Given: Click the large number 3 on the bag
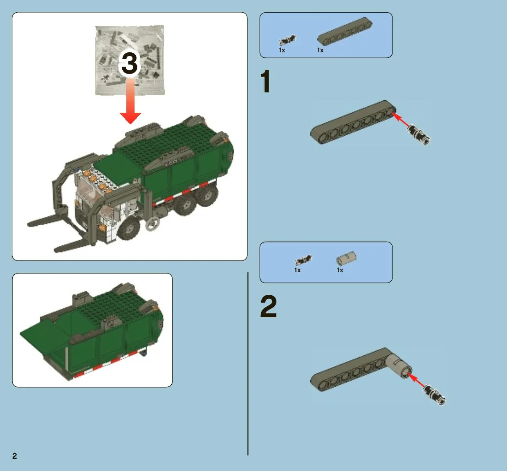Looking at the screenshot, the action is [130, 63].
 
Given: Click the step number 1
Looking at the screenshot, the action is [265, 81].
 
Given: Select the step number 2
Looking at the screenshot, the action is [268, 306].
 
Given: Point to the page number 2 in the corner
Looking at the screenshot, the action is [15, 456].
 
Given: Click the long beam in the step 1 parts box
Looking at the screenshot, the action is [345, 31].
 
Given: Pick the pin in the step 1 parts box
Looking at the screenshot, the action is [288, 40].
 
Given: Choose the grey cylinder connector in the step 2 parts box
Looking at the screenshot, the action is [346, 258].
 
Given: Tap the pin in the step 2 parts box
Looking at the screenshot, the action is [303, 260].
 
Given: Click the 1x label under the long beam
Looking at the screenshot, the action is [320, 50].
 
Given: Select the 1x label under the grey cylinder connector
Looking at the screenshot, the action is [340, 270].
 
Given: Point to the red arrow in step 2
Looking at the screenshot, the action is [416, 380].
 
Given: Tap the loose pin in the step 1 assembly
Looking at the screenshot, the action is [419, 135].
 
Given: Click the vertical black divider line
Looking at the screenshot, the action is [248, 364].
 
